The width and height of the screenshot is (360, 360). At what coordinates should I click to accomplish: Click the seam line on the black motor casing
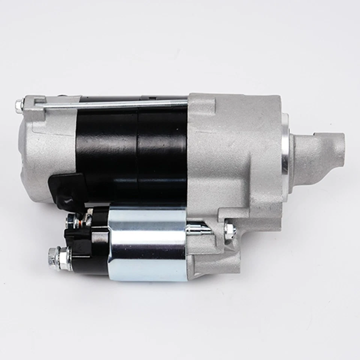(x=138, y=150)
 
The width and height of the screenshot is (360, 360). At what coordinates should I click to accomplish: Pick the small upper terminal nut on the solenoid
(x=71, y=222)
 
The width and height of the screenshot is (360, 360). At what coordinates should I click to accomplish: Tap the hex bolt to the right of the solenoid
(x=229, y=231)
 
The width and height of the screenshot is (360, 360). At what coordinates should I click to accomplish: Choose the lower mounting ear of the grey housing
(x=221, y=259)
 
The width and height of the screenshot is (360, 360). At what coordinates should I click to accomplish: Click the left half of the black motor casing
(x=107, y=150)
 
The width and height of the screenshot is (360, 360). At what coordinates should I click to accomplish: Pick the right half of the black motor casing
(x=163, y=150)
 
